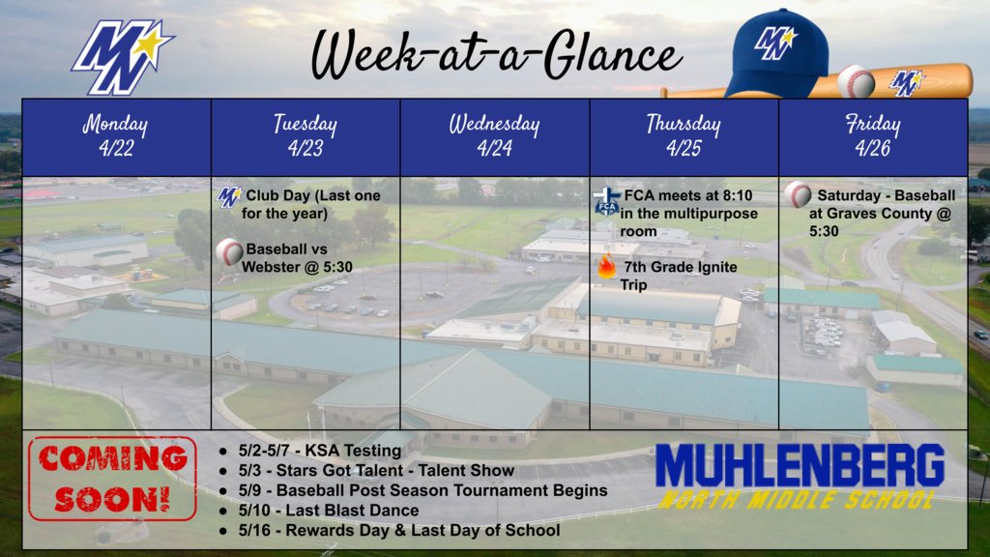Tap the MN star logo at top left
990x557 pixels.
point(121,56)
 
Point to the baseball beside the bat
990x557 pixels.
point(855,81)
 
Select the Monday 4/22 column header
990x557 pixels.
point(116,136)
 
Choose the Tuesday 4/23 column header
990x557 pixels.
point(306,136)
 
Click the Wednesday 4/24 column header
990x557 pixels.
point(494,136)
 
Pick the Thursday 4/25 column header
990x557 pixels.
point(684,136)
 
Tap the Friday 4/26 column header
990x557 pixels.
point(873,136)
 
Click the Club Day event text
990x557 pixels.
point(312,204)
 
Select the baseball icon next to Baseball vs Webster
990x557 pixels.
point(229,253)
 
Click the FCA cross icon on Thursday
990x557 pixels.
point(606,201)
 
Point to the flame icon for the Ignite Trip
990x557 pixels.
point(607,267)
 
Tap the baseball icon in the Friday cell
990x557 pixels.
point(798,195)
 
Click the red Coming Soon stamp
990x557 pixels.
point(112,479)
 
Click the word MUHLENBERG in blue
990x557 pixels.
point(799,466)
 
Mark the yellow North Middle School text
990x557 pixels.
point(799,500)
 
